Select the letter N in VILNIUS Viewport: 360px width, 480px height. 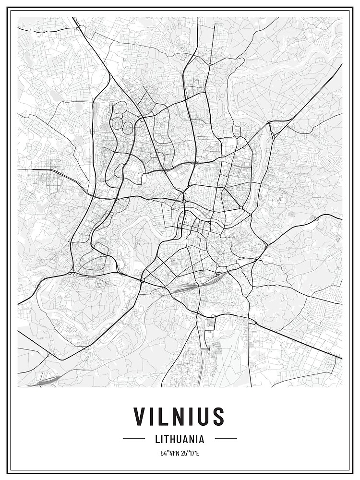tap(179, 417)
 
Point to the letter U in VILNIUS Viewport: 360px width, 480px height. tap(204, 417)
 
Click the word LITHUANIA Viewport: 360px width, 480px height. tap(180, 439)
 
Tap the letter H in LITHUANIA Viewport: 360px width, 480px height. tap(172, 439)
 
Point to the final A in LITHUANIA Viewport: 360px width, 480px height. tap(202, 439)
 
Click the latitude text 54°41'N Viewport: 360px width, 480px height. tap(169, 453)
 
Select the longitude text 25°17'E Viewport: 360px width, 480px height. tap(191, 453)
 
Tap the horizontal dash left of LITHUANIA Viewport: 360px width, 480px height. tap(134, 439)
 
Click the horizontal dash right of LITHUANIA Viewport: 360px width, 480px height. tap(226, 439)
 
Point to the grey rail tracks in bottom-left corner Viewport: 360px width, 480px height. tap(41, 381)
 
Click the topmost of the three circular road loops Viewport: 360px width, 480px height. tap(120, 108)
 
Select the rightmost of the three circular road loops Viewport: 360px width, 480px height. tap(128, 128)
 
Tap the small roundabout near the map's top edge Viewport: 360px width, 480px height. tap(210, 64)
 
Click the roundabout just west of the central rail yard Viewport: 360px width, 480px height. tap(143, 279)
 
